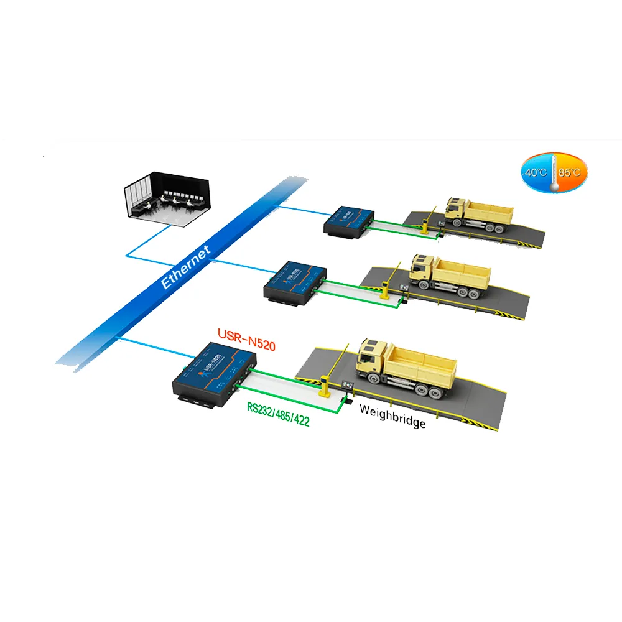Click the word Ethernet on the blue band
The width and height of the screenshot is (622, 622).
185,265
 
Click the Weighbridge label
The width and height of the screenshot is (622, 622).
392,416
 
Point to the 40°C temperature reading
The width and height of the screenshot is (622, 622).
535,172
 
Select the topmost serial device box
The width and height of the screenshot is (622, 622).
350,220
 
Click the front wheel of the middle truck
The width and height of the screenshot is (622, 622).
426,284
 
